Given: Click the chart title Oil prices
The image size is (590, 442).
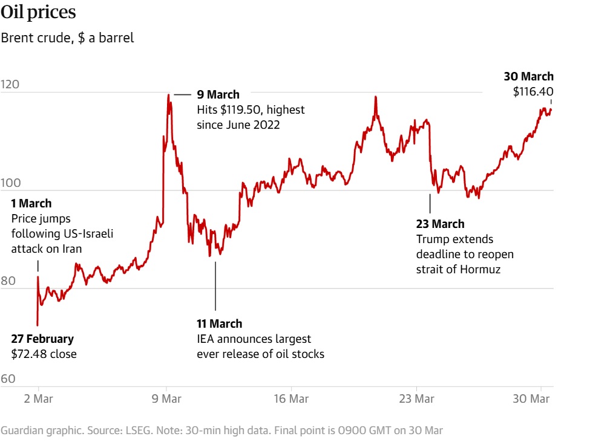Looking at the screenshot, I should click(x=38, y=12).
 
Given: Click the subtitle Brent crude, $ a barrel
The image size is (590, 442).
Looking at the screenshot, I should click(x=67, y=38).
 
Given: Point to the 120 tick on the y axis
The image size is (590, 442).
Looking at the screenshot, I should click(x=10, y=85).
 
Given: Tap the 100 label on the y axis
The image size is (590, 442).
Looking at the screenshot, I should click(x=10, y=183).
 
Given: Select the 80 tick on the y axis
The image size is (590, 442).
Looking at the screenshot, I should click(x=8, y=281).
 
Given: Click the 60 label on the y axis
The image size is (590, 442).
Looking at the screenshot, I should click(x=8, y=379).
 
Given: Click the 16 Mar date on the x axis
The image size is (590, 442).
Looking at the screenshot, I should click(x=291, y=399).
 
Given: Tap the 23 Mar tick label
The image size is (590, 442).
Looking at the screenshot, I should click(x=417, y=399).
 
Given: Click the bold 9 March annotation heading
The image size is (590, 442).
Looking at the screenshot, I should click(x=218, y=95).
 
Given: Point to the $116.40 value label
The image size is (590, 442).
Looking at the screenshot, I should click(x=533, y=91).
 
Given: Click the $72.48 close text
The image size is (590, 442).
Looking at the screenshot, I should click(x=44, y=354).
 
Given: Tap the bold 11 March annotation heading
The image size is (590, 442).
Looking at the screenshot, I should click(x=219, y=324).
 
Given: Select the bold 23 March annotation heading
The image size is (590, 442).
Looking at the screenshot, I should click(x=440, y=224).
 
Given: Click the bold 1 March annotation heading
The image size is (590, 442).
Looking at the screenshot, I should click(x=31, y=204).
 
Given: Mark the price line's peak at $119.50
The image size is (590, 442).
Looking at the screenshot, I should click(x=168, y=94).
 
